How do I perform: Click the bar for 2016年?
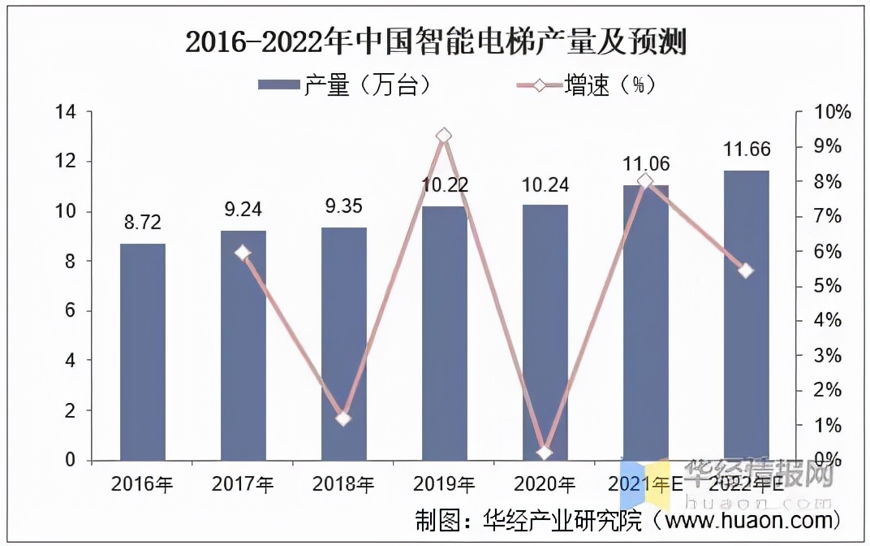(143, 352)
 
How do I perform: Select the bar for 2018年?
(344, 344)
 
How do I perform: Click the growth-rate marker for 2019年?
(443, 136)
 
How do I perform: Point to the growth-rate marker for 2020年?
(544, 453)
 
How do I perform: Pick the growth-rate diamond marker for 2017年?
(243, 253)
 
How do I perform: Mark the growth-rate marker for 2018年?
(343, 418)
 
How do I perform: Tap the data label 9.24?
(243, 210)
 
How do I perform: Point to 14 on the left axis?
(65, 112)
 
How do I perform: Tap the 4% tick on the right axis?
(825, 321)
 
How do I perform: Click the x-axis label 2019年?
(444, 484)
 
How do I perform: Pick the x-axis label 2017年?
(243, 484)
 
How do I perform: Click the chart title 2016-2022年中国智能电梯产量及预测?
(436, 41)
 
